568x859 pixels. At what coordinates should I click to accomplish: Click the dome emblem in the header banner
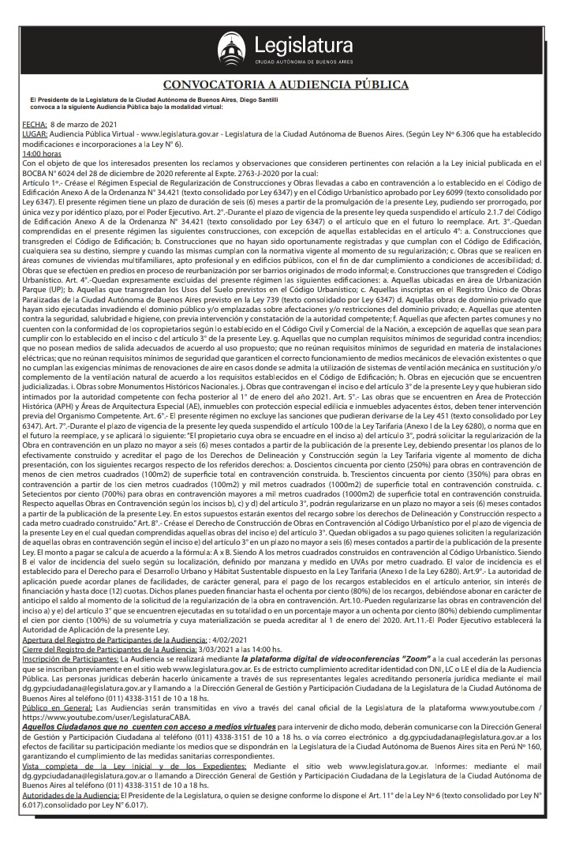(230, 48)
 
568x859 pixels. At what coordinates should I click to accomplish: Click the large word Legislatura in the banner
(298, 44)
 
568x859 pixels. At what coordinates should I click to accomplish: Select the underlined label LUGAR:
(35, 135)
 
